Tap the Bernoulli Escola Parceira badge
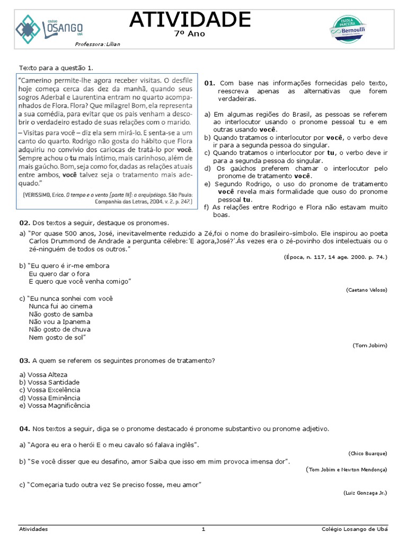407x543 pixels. (x=348, y=27)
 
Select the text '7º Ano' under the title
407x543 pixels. (x=190, y=34)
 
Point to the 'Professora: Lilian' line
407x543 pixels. (x=98, y=44)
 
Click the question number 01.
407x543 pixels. (x=209, y=83)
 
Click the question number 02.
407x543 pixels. (x=24, y=223)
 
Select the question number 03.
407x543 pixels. (x=24, y=361)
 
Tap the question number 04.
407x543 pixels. (x=24, y=428)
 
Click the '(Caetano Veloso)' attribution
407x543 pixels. (x=366, y=290)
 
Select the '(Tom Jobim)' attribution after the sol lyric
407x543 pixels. (x=370, y=345)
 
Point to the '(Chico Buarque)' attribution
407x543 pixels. (x=368, y=453)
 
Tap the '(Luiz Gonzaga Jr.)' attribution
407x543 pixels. (x=365, y=493)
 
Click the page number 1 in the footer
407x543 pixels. (x=203, y=529)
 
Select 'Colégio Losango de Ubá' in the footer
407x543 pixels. (x=355, y=529)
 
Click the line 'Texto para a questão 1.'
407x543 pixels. (x=56, y=68)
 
